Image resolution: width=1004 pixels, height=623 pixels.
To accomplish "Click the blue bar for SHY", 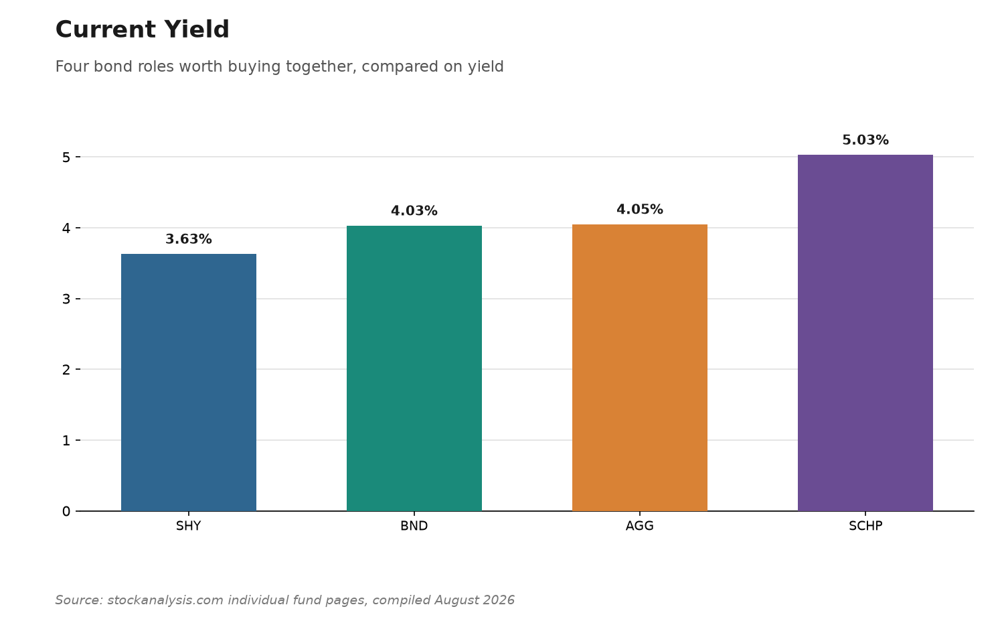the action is click(189, 383).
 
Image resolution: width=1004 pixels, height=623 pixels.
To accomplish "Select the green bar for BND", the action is click(414, 368).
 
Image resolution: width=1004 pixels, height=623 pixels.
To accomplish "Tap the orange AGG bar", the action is click(640, 368).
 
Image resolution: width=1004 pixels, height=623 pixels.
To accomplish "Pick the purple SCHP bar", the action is click(865, 333).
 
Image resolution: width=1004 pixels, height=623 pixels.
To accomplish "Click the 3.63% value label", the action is click(189, 239).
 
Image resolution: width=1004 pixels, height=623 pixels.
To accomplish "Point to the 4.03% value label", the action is click(414, 211).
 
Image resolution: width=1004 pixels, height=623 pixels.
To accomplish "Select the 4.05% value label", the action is click(640, 210).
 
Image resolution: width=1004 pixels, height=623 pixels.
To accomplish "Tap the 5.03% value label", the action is click(865, 140).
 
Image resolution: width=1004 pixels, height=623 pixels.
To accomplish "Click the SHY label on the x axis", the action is click(189, 526).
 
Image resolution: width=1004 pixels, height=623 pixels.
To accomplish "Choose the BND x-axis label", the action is click(414, 526).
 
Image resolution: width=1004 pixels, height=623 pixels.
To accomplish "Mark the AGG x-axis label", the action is click(640, 526).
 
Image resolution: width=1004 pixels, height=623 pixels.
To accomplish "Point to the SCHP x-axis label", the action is click(865, 526).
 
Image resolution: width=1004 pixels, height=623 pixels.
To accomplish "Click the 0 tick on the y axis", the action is click(66, 511).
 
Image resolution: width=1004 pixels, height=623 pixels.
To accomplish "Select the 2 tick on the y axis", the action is click(66, 370).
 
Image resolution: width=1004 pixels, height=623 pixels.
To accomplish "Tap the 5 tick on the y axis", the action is click(66, 157).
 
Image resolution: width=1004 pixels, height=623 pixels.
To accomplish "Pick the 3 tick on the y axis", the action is click(66, 299).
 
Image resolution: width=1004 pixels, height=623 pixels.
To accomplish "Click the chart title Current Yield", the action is click(142, 29).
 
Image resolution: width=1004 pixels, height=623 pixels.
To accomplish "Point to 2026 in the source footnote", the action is click(499, 600).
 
